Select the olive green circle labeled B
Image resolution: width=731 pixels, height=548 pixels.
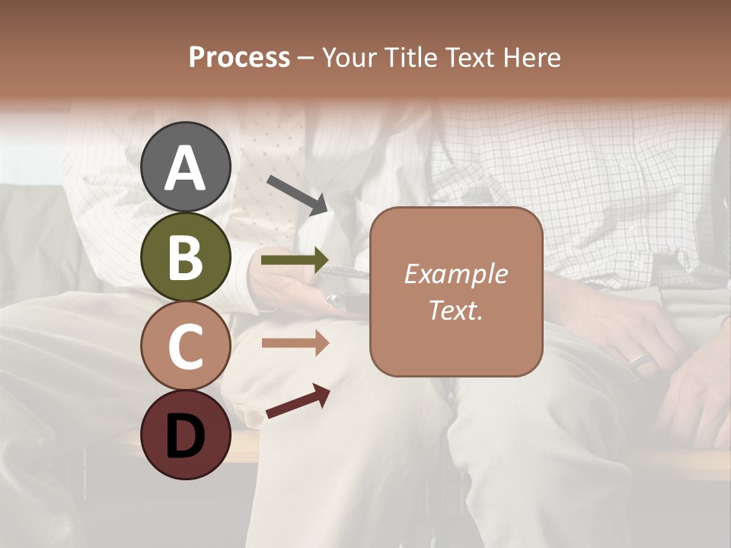(185, 257)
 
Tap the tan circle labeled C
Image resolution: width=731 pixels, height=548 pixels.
(185, 346)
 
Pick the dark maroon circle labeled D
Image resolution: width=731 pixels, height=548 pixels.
(185, 435)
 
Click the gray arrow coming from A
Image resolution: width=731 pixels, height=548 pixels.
(298, 195)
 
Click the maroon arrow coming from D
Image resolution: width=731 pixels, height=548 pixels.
(298, 402)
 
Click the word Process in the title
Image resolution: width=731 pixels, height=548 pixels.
(239, 57)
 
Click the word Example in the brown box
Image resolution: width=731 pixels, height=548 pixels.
(455, 274)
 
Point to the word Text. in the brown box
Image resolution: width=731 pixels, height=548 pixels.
(455, 310)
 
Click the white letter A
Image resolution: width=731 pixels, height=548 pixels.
(185, 169)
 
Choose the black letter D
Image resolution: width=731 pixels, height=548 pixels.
(185, 437)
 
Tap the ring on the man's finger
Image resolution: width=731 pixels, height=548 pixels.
(640, 358)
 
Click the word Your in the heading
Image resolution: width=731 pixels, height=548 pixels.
(349, 57)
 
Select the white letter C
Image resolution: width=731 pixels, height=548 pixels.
(185, 346)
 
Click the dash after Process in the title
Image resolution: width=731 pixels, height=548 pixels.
(306, 59)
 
